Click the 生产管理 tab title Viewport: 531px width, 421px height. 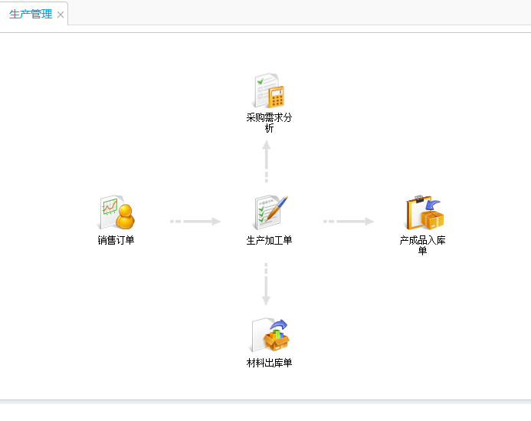click(x=31, y=15)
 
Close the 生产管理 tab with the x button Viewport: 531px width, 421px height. click(x=61, y=15)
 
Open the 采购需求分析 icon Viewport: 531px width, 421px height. click(x=269, y=91)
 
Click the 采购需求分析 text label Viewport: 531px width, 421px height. click(x=269, y=123)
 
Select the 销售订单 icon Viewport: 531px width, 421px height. click(x=116, y=213)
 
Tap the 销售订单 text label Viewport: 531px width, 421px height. click(x=116, y=240)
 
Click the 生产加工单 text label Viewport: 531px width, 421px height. click(x=269, y=240)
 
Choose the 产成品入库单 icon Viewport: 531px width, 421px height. click(x=424, y=213)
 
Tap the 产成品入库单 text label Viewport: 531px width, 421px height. click(x=422, y=245)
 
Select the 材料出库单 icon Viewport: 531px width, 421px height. click(x=270, y=336)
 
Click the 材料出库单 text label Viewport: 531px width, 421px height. click(x=269, y=363)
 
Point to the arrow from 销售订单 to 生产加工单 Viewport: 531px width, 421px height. click(x=195, y=222)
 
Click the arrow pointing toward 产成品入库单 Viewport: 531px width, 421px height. click(x=349, y=222)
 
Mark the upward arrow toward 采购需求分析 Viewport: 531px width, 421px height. click(x=267, y=162)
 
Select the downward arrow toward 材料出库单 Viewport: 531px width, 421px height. click(x=267, y=285)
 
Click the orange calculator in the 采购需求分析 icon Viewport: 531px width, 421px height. click(x=276, y=97)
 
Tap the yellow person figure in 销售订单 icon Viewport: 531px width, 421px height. click(x=124, y=217)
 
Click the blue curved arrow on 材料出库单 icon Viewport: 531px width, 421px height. click(x=280, y=325)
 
